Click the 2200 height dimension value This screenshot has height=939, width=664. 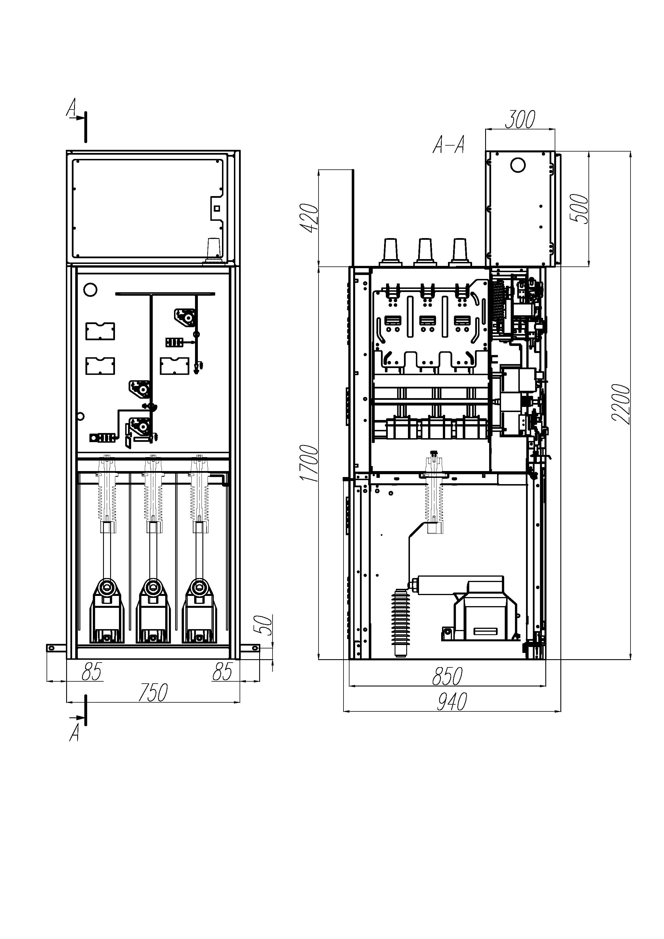point(621,404)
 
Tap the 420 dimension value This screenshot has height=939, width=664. point(310,218)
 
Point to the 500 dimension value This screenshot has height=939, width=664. point(579,209)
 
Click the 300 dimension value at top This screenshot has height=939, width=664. point(520,119)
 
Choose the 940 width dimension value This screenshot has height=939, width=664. point(452,702)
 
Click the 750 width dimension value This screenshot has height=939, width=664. point(153,692)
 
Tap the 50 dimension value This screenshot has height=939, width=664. point(266,625)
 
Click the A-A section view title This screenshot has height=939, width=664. point(449,145)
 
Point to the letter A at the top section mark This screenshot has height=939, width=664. point(72,108)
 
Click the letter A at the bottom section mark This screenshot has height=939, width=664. point(74,732)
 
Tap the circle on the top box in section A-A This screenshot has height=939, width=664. point(518,165)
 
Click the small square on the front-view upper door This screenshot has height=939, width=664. point(217,209)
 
